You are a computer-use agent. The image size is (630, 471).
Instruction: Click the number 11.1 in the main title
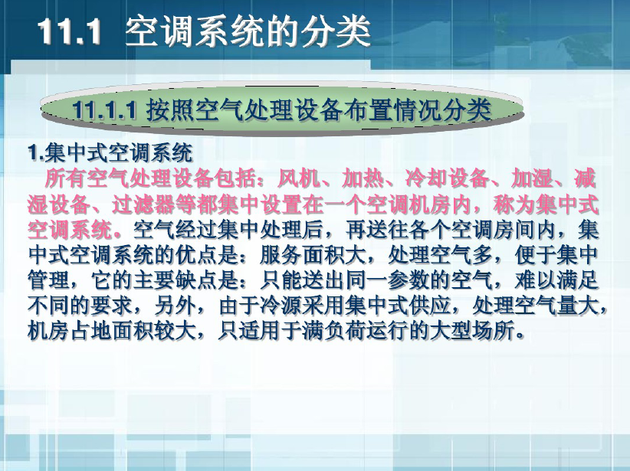(70, 31)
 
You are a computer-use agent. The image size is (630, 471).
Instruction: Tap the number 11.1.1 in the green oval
(105, 110)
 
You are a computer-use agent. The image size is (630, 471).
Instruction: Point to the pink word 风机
(299, 178)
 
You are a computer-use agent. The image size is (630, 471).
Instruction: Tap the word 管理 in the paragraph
(48, 280)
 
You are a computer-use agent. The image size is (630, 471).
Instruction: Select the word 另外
(176, 306)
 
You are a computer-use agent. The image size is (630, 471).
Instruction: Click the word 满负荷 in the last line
(334, 332)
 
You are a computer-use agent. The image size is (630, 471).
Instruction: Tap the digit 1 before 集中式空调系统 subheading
(33, 153)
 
